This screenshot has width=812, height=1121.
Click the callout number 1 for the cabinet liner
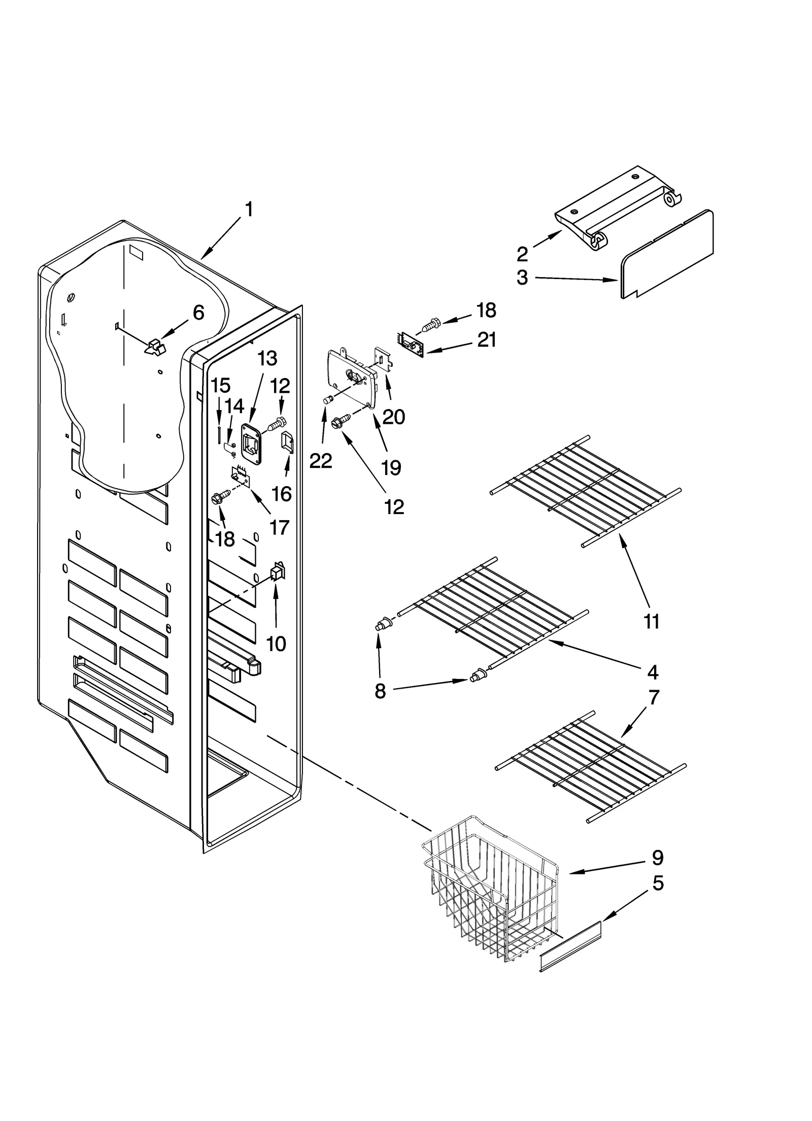coord(249,210)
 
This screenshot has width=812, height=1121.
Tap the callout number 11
coord(651,622)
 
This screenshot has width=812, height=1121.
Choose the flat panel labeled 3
coord(667,253)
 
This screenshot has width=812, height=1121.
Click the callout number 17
coord(279,527)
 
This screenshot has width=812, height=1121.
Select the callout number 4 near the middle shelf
coord(653,672)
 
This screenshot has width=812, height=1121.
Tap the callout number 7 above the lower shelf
coord(654,697)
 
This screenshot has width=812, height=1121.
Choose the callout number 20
coord(394,417)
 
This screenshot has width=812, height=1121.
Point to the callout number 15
coord(220,386)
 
